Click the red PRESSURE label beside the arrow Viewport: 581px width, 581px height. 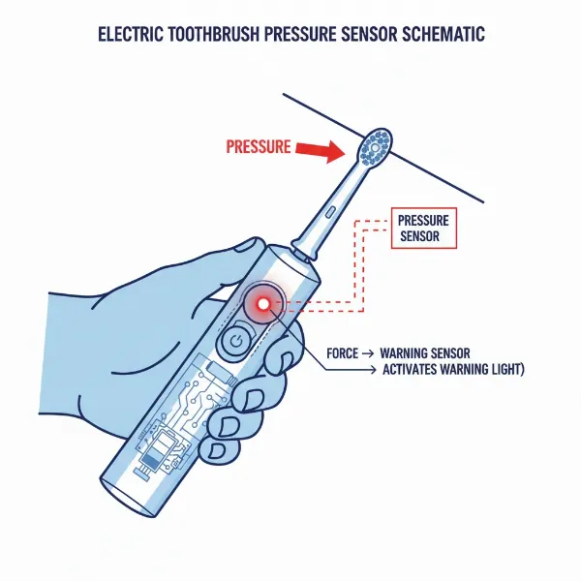pyautogui.click(x=258, y=148)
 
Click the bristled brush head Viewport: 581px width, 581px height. pyautogui.click(x=377, y=147)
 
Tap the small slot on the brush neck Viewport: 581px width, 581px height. pyautogui.click(x=330, y=211)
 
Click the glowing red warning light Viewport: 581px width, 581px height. pyautogui.click(x=261, y=304)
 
